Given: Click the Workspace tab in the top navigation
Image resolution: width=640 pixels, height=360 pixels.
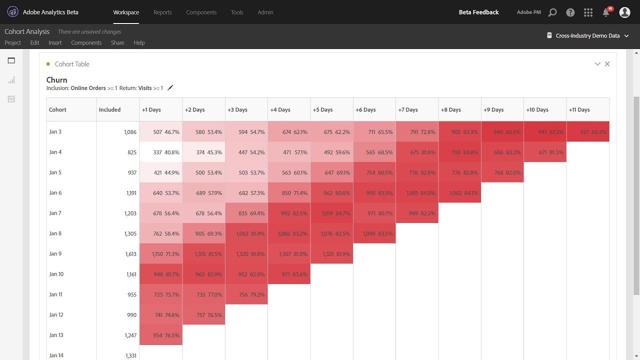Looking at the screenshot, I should (x=126, y=12).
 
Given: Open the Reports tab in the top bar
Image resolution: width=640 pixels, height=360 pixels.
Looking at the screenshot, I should (x=162, y=12).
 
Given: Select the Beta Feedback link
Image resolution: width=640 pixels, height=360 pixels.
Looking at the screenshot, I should (x=478, y=12).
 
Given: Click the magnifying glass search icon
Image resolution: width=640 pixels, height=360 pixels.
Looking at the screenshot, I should (x=552, y=12).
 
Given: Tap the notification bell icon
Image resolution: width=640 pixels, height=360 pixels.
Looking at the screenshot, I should (x=606, y=13).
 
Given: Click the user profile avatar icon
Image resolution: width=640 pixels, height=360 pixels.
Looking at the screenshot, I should (x=624, y=12).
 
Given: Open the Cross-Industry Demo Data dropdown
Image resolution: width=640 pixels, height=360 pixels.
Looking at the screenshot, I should (x=587, y=35).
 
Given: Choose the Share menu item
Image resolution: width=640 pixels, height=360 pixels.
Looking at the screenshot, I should (x=117, y=43).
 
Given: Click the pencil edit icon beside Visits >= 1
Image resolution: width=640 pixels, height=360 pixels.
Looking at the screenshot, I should (x=170, y=88).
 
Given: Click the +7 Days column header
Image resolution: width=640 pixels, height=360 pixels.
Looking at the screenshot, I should (x=408, y=110).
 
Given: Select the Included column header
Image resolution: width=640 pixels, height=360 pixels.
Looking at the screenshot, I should (x=109, y=110).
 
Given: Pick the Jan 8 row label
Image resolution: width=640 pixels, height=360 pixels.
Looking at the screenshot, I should (x=55, y=233).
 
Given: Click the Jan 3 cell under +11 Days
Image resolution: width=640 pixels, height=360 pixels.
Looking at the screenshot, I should (x=588, y=132).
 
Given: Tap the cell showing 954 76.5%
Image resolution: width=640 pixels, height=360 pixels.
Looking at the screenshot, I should (x=160, y=335).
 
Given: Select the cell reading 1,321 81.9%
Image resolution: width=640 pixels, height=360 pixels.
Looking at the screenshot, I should (x=331, y=254).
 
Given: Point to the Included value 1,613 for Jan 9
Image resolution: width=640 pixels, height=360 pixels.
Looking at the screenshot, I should (x=130, y=254).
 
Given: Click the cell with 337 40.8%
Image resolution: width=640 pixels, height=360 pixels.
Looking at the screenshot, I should (x=160, y=152).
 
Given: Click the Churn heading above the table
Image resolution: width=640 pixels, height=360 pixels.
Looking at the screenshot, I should (x=56, y=80).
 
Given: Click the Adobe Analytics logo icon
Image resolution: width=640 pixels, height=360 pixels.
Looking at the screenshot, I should (x=12, y=12).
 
